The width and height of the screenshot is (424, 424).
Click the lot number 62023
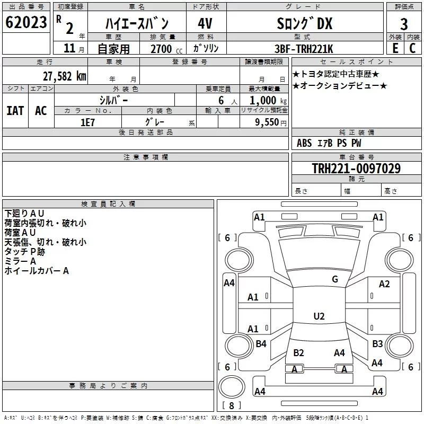(26, 22)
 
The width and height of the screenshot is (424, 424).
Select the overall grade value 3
(404, 24)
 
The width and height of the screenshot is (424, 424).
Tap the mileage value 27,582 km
(65, 76)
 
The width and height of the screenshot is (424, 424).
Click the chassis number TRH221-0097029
(356, 168)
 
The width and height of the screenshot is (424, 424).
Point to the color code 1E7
(87, 122)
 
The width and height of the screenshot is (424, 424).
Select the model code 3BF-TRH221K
(304, 49)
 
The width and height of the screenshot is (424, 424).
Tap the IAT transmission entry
(15, 111)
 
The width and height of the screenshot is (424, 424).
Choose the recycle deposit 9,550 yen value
(271, 122)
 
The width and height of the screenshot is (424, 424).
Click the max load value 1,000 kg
(268, 101)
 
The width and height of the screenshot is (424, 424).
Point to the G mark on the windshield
(335, 279)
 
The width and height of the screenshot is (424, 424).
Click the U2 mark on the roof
(319, 316)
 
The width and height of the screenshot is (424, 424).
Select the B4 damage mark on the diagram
(261, 343)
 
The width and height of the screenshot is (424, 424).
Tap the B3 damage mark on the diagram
(377, 343)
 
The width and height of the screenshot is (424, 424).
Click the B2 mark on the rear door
(298, 353)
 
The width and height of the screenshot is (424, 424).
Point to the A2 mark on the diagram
(384, 284)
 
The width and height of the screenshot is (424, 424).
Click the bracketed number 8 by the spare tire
(232, 405)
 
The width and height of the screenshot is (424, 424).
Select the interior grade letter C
(412, 48)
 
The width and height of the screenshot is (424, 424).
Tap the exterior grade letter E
(395, 48)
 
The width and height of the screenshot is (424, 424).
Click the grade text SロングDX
(304, 23)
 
